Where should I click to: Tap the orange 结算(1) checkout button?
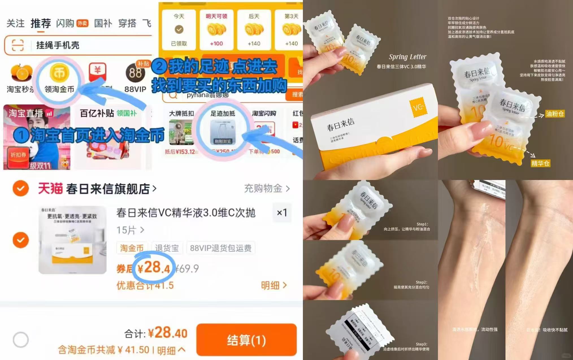(x=246, y=340)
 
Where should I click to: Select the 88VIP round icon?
(x=135, y=73)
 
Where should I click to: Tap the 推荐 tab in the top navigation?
(x=41, y=23)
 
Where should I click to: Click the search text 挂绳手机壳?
(x=58, y=45)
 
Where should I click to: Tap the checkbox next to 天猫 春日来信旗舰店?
(x=21, y=188)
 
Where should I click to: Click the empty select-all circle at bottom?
(x=21, y=339)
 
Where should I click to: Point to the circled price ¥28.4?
(x=154, y=268)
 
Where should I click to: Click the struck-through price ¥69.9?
(x=187, y=268)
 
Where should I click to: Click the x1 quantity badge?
(x=282, y=212)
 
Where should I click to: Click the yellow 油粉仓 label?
(x=555, y=114)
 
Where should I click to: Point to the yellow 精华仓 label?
(x=540, y=163)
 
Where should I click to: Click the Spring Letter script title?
(x=407, y=57)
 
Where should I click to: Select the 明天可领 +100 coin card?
(x=216, y=30)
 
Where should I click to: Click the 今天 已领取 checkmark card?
(x=179, y=30)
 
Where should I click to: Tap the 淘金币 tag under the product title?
(x=132, y=248)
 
